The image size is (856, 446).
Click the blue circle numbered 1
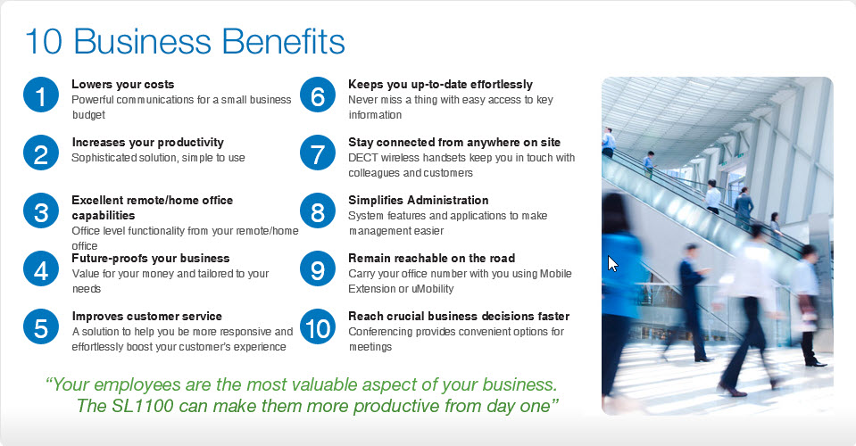[x=41, y=96]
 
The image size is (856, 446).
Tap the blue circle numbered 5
[x=41, y=328]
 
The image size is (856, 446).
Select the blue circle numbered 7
[x=317, y=154]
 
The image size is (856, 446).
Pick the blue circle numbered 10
[x=317, y=328]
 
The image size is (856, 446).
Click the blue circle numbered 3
[x=41, y=212]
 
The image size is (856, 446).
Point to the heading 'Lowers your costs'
[x=122, y=85]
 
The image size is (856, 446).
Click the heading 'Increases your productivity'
[x=147, y=143]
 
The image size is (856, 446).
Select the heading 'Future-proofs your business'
[x=150, y=259]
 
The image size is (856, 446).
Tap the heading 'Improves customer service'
[x=146, y=317]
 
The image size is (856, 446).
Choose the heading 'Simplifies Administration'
[x=418, y=201]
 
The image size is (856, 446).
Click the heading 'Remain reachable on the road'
[x=431, y=259]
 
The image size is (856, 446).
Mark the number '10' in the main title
[x=44, y=42]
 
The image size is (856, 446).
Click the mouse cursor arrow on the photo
[x=612, y=264]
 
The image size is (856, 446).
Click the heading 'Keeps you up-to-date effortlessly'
[x=440, y=85]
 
